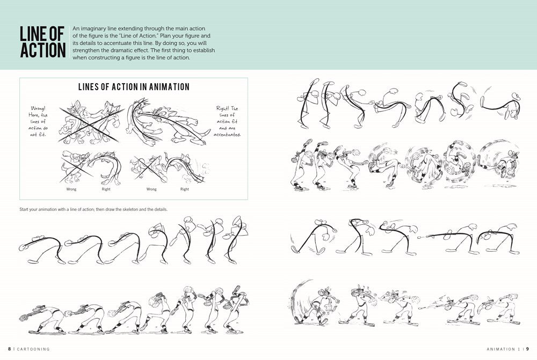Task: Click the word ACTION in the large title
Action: (43, 50)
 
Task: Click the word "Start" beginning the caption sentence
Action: (24, 209)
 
